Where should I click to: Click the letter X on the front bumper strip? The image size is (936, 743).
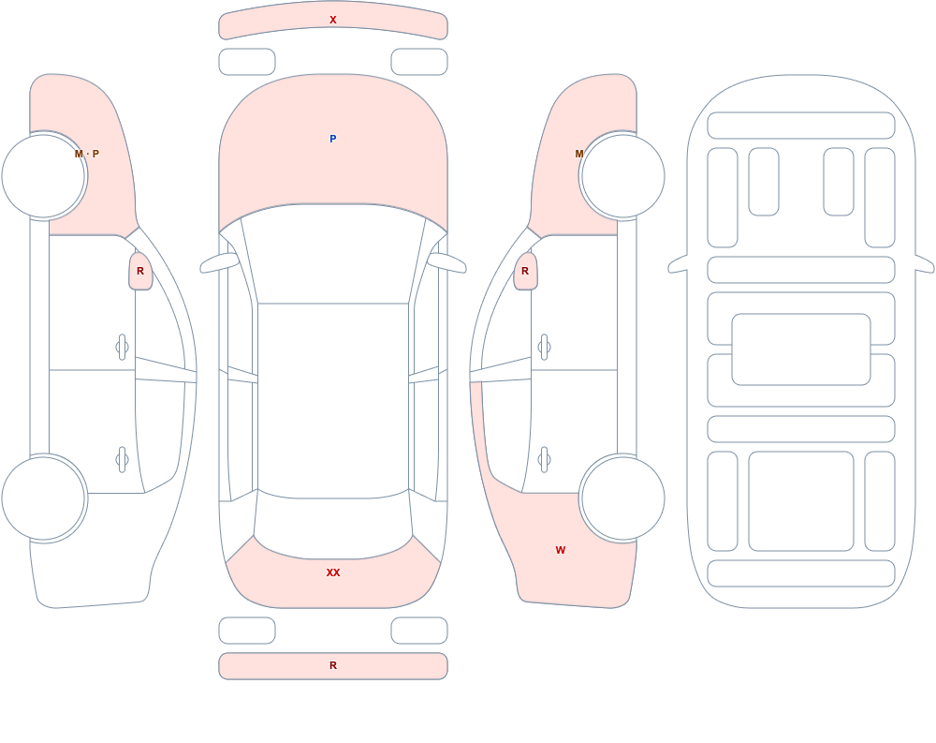coord(333,20)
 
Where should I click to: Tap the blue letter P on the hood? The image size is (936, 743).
coord(333,139)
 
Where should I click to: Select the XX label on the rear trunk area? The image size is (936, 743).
coord(333,572)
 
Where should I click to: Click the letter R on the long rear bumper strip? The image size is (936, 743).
coord(333,665)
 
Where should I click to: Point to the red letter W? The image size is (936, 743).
coord(561,550)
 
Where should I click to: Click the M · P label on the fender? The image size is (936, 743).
coord(87,154)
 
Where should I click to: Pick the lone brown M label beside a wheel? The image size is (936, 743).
coord(579,154)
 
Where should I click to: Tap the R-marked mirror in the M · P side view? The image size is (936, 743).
coord(141,271)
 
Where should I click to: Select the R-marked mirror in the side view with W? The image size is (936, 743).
coord(525,271)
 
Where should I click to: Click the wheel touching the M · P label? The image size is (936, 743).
coord(44,176)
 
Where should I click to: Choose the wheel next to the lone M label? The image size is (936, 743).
coord(622,176)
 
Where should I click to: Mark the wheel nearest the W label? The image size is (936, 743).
coord(622,498)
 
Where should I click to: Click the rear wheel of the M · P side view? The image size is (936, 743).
coord(44,498)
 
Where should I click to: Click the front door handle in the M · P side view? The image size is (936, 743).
coord(123,348)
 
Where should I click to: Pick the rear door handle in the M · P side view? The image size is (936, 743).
coord(123,460)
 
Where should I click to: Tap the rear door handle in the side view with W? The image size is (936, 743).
coord(544,460)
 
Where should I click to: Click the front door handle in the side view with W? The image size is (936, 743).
coord(544,348)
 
